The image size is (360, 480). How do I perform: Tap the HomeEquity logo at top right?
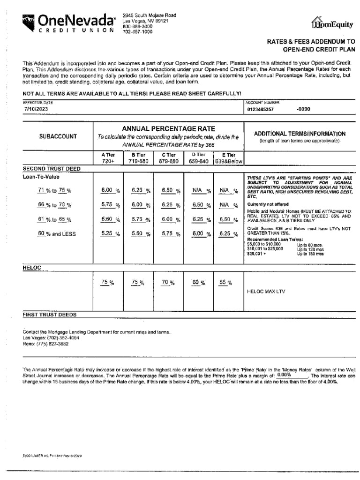pos(332,23)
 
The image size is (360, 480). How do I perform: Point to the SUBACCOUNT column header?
pos(58,136)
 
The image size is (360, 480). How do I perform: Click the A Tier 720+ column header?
pos(108,158)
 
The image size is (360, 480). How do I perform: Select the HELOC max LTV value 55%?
pos(226,282)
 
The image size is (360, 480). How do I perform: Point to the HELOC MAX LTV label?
pos(266,291)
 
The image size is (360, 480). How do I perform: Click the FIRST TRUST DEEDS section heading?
pos(50,315)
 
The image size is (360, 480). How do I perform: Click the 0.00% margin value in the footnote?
pos(284,375)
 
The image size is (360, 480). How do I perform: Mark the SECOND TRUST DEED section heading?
pos(52,168)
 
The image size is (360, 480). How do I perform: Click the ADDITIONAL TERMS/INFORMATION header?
pos(300,134)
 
